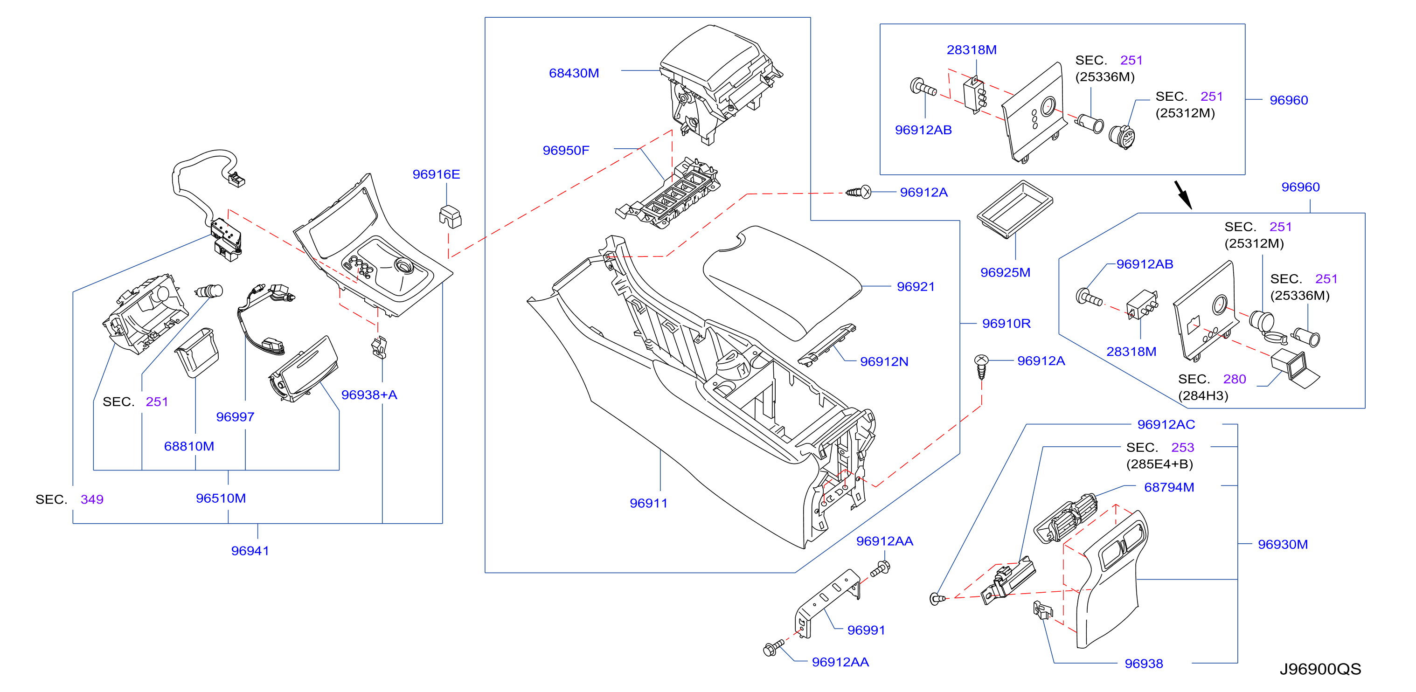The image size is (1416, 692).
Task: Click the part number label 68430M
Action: pos(574,73)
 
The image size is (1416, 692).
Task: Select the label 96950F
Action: pos(566,151)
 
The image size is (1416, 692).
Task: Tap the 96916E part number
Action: pos(436,174)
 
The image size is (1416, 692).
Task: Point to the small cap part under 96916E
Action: pos(450,216)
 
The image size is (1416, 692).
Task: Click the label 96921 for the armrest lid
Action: pos(916,286)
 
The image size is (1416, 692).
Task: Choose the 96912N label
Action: pos(884,362)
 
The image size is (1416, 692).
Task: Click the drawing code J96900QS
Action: pos(1320,669)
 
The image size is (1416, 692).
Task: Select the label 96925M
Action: pos(1006,273)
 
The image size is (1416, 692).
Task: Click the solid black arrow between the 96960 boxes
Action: pos(1183,195)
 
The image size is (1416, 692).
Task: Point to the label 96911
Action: pos(649,504)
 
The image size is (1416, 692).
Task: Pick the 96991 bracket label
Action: pos(866,630)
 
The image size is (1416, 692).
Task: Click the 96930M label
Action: pos(1283,545)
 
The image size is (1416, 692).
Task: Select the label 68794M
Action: pos(1169,488)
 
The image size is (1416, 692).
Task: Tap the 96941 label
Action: pos(250,551)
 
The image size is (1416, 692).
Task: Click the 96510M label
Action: pos(221,498)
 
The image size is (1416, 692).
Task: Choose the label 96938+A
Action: pos(369,395)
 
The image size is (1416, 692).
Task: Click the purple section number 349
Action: pos(92,499)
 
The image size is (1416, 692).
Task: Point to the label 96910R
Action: pos(1006,324)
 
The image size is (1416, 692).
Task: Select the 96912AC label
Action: pos(1166,425)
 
